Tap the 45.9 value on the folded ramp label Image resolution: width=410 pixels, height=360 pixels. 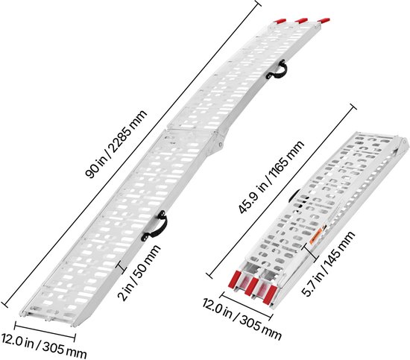pos(247,200)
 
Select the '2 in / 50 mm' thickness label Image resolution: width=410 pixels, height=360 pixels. pos(139,273)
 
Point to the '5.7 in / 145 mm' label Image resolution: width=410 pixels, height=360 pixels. pos(328,264)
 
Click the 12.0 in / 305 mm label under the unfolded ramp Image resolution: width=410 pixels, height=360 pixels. pos(43,346)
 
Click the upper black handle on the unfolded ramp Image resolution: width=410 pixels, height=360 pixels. pos(277,69)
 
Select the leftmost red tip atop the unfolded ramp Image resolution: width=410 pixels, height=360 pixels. pos(280,21)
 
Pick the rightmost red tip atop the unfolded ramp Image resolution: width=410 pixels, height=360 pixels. pos(324,20)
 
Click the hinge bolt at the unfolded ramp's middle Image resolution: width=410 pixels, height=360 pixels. pos(221,144)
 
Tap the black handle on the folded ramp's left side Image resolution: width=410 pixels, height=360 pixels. pos(294,196)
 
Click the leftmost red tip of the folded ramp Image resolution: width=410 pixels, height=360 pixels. pos(236,280)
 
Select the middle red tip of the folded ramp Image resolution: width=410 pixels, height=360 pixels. pos(251,287)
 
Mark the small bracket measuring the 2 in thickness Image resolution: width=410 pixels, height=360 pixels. pos(122,268)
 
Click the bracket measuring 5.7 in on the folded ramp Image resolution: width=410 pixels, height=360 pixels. pos(312,253)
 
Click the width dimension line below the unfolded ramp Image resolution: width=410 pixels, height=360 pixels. pos(45,332)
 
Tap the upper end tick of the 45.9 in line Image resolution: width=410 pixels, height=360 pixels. pos(353,107)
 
